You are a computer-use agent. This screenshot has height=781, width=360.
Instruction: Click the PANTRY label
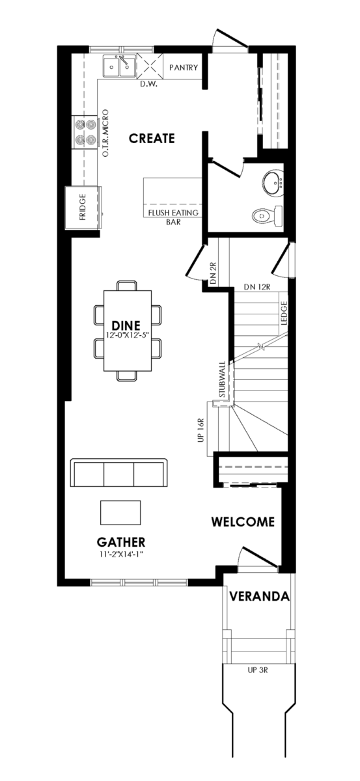184,68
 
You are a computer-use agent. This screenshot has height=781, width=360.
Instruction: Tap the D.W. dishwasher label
149,84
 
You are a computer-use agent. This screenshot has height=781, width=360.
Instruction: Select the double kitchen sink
119,66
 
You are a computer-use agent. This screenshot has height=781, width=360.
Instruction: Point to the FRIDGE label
83,207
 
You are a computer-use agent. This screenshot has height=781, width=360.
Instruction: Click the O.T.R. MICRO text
105,133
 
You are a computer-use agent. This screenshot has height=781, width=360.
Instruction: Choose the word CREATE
152,139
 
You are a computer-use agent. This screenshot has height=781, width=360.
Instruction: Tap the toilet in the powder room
267,216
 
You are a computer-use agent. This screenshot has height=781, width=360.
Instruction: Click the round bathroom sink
273,183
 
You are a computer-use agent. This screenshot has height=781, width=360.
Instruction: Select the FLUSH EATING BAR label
173,217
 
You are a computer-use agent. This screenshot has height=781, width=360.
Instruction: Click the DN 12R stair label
257,287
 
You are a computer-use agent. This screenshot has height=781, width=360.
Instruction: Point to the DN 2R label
214,272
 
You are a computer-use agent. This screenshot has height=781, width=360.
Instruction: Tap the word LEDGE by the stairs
284,313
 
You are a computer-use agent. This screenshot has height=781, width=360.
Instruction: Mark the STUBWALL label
222,379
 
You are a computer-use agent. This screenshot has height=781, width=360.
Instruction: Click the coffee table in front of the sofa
120,513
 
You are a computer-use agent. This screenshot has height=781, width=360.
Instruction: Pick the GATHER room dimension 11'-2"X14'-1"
120,555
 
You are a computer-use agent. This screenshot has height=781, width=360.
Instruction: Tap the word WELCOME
243,521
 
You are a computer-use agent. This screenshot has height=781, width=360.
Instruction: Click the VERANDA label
260,596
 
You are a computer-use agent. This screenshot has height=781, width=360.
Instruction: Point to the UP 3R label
257,670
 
